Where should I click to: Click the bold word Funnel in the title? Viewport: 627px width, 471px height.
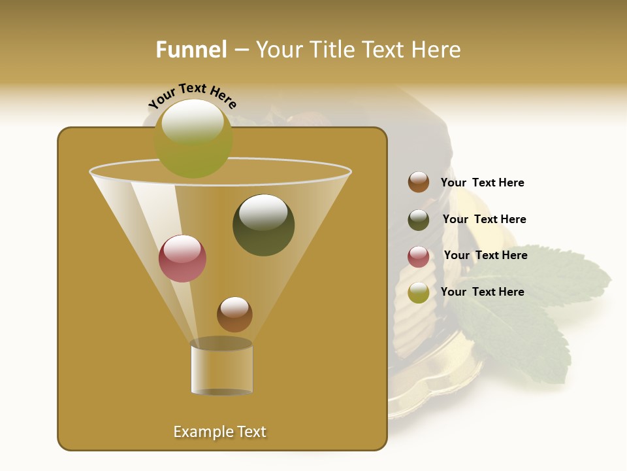click(191, 50)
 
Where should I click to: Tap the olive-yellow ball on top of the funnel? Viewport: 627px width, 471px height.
click(193, 139)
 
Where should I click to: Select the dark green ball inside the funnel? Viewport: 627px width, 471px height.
click(263, 226)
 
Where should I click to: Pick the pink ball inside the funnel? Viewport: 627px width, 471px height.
click(182, 259)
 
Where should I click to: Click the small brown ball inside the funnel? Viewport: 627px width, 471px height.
click(234, 315)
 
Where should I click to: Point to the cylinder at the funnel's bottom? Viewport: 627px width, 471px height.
click(221, 368)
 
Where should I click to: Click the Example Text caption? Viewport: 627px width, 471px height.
click(220, 432)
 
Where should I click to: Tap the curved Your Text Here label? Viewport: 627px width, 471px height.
click(193, 96)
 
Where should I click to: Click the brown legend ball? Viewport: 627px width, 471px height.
click(419, 183)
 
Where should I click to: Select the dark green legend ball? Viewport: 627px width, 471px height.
click(419, 220)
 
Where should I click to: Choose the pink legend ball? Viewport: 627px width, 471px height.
click(419, 256)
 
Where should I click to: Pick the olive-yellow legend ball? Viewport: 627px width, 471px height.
click(419, 292)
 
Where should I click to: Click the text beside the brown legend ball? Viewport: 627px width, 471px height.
click(482, 183)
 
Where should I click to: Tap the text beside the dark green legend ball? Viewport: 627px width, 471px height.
click(484, 220)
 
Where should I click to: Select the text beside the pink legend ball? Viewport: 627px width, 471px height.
click(485, 256)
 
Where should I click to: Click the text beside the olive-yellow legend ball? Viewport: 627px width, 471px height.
click(482, 292)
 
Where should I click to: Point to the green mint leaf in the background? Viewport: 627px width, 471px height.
click(522, 327)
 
